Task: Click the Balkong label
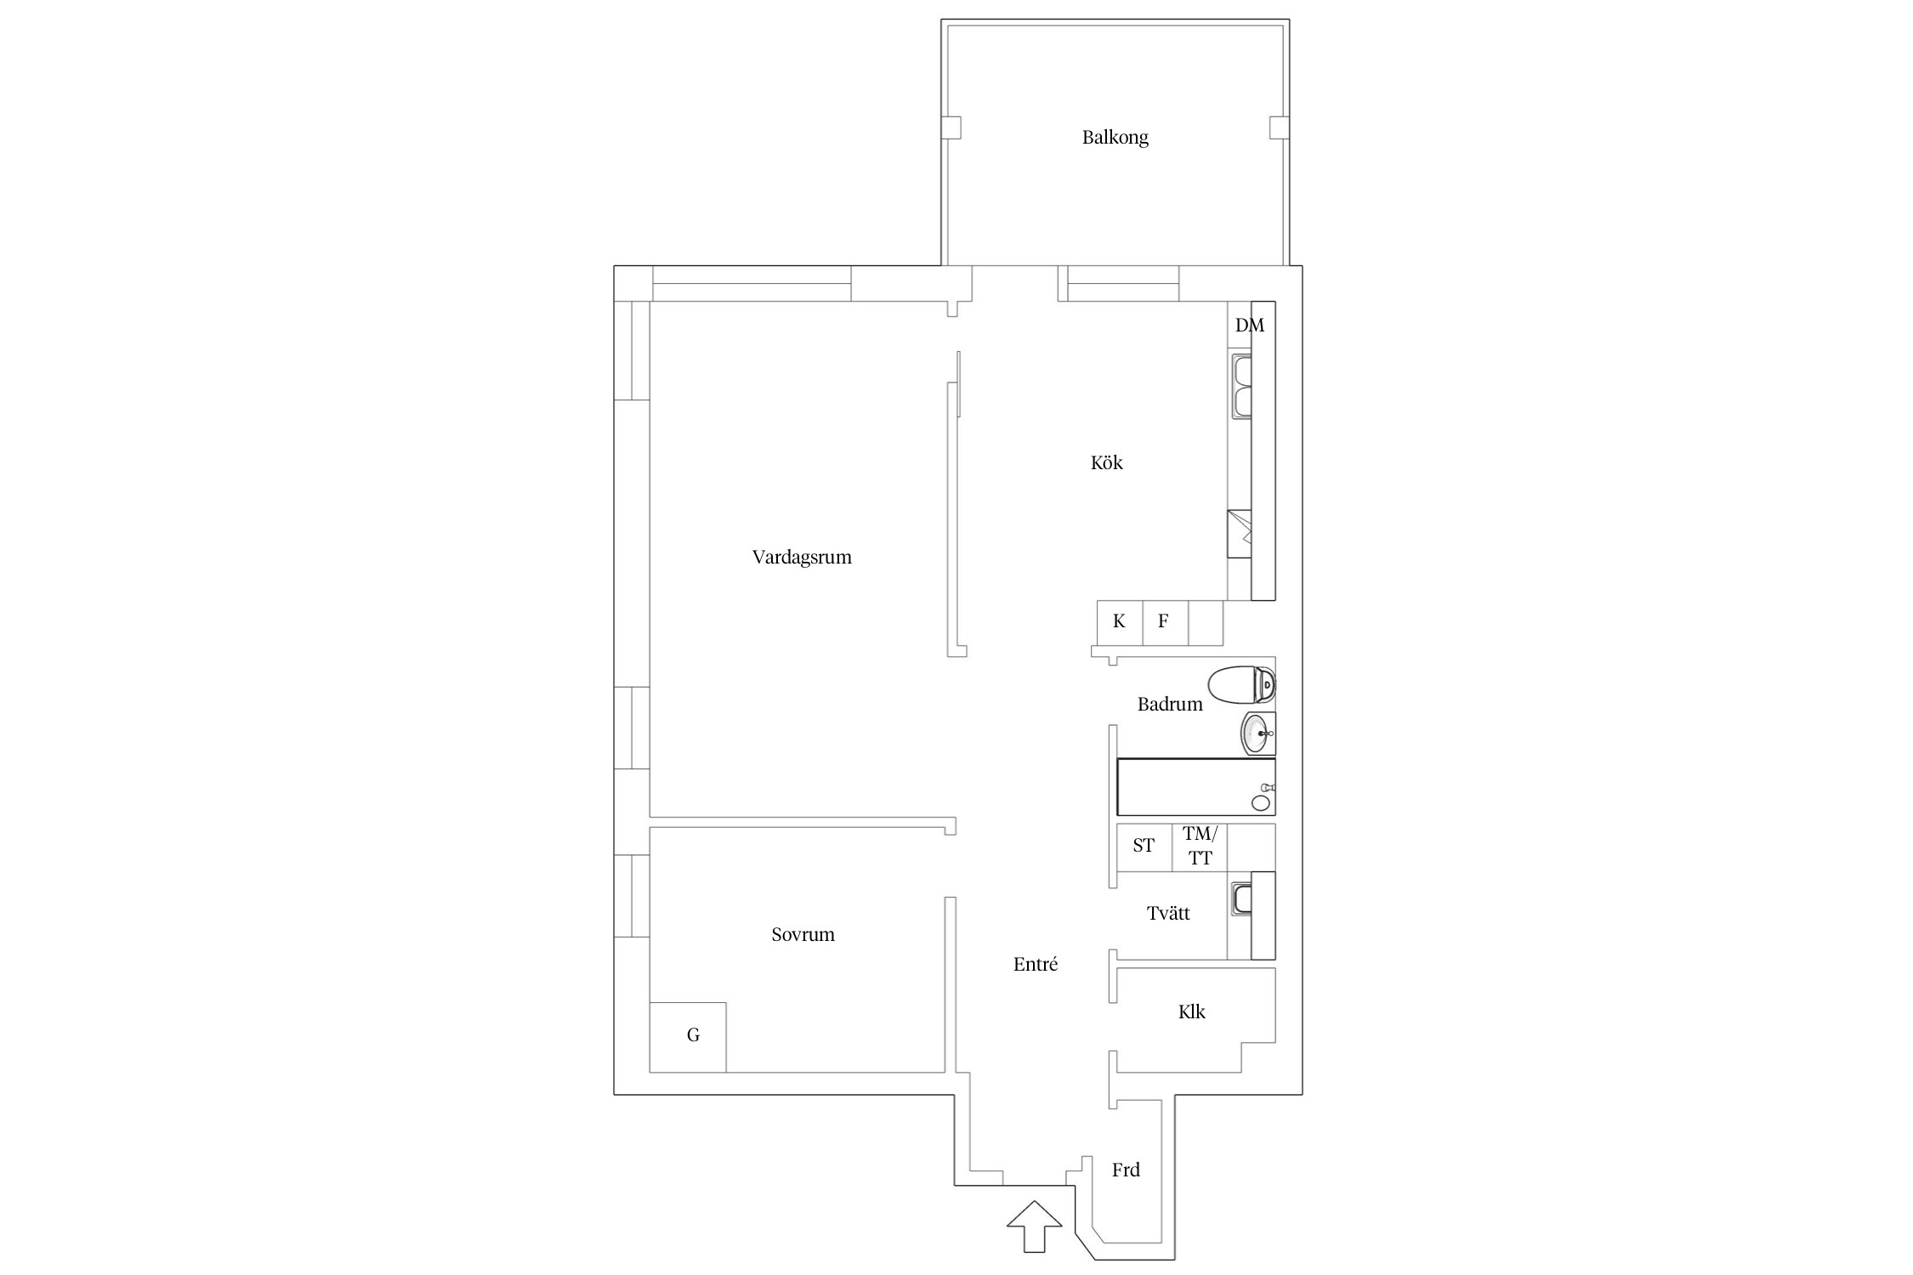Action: tap(1115, 137)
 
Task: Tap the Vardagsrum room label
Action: tap(802, 557)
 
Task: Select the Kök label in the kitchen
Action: tap(1106, 462)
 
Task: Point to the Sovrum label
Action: tap(803, 934)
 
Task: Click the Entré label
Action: tap(1036, 964)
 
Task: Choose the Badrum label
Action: tap(1170, 704)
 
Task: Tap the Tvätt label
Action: tap(1168, 913)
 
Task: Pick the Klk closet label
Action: tap(1191, 1011)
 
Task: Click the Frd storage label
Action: tap(1126, 1170)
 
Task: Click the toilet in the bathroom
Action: tap(1242, 685)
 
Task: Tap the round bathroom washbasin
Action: tap(1258, 734)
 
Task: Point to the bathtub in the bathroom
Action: tap(1195, 787)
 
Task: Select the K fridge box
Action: tap(1120, 622)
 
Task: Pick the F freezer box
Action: tap(1165, 622)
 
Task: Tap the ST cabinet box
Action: tap(1144, 847)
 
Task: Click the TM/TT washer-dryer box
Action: tap(1200, 847)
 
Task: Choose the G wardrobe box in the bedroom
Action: tap(688, 1037)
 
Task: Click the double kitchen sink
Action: tap(1241, 388)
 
